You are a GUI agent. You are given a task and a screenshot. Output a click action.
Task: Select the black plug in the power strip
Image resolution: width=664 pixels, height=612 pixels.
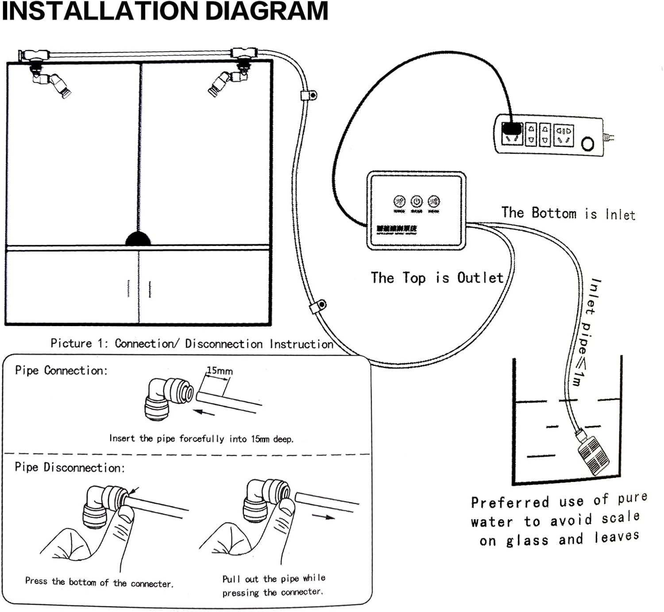[512, 129]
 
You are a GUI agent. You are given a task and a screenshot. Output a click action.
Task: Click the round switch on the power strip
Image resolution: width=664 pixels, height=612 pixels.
[587, 144]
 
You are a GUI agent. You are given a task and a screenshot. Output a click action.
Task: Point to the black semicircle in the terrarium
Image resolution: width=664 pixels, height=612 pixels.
[138, 239]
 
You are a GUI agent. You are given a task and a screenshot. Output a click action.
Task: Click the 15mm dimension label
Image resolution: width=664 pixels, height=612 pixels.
[220, 371]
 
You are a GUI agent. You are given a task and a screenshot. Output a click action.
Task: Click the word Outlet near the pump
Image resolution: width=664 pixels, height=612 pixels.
[480, 278]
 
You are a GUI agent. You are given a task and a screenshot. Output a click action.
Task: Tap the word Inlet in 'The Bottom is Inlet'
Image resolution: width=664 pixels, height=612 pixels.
[621, 215]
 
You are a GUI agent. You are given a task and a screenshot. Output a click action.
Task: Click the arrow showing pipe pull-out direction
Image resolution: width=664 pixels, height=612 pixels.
[323, 516]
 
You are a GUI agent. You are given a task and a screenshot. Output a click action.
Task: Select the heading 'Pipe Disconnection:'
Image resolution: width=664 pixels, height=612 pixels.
[70, 468]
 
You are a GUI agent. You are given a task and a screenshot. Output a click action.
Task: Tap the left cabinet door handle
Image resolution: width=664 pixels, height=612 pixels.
[128, 289]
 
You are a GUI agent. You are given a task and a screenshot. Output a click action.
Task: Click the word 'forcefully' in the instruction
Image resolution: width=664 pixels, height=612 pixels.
[201, 439]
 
